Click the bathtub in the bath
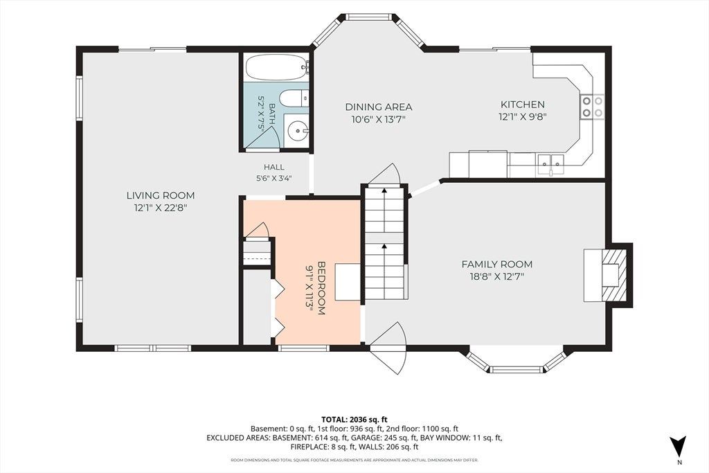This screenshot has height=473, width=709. [277, 68]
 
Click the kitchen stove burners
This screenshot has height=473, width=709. [593, 106]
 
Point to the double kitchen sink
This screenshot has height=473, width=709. [550, 161]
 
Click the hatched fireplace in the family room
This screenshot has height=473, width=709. [614, 275]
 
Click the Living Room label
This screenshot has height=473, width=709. [161, 195]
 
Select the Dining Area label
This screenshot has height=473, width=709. [379, 107]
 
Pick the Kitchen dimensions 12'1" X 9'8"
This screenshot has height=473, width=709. [523, 116]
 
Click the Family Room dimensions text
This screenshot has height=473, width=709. [497, 276]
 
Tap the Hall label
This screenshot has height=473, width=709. [274, 167]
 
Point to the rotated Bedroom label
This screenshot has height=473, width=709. [321, 288]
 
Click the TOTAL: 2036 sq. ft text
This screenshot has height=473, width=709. [354, 419]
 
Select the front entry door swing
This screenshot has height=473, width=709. [388, 348]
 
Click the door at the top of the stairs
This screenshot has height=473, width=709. [384, 174]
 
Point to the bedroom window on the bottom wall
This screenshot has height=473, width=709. [303, 348]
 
